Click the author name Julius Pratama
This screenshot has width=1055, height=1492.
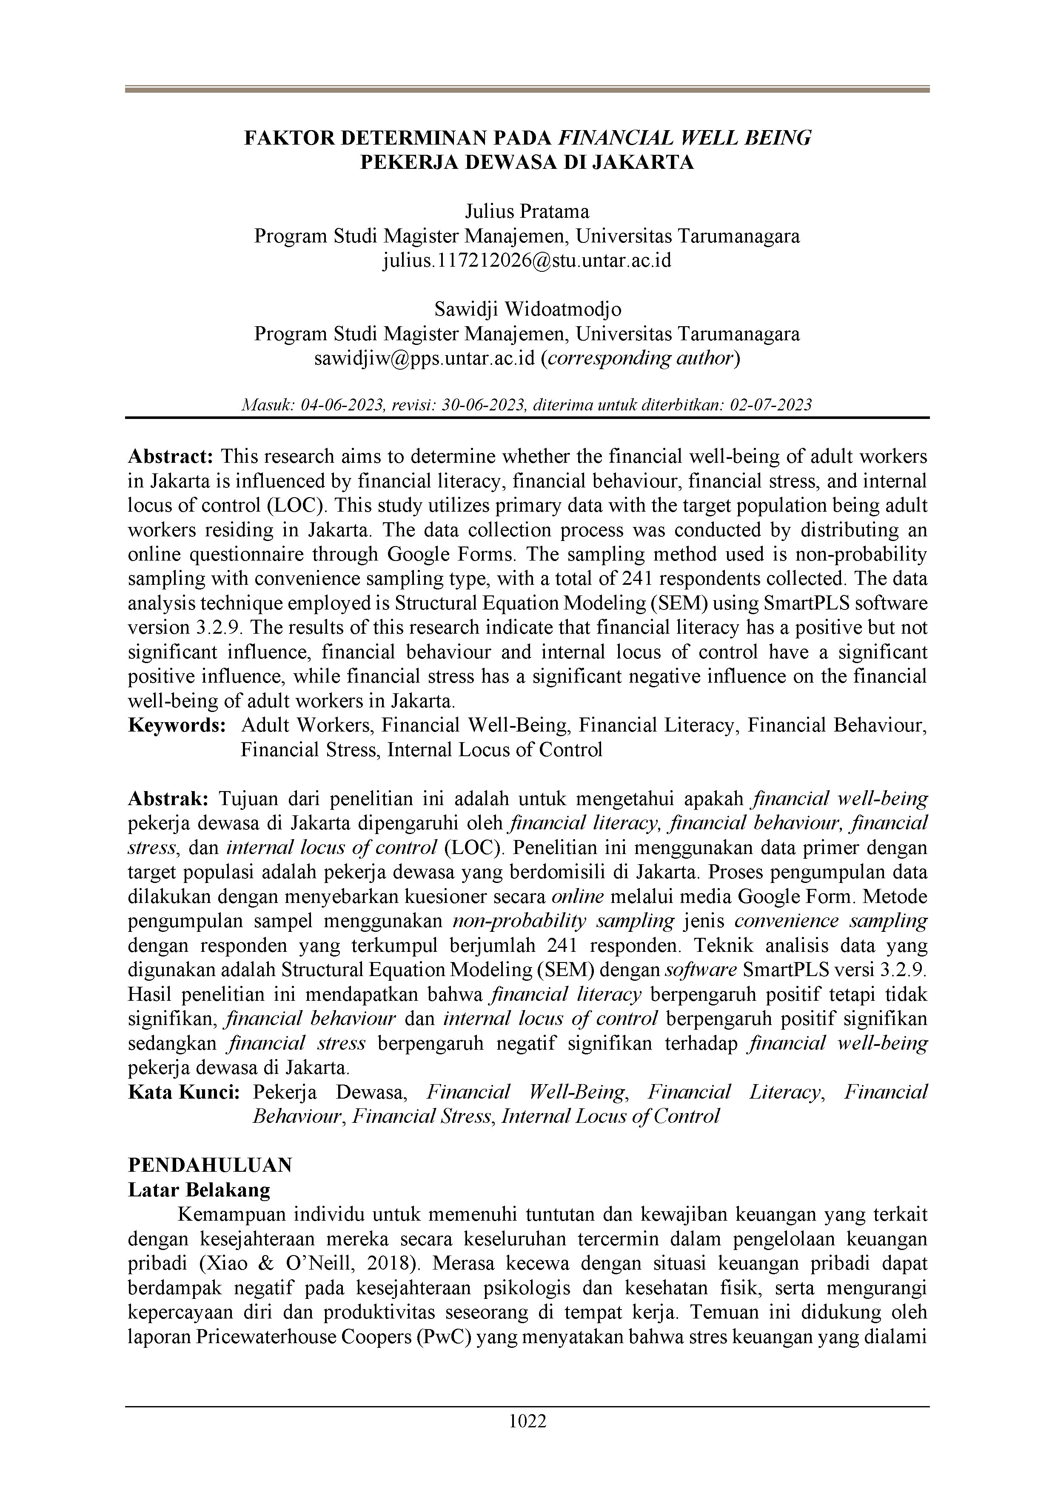[x=527, y=211]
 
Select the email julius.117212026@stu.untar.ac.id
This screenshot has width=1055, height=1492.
[x=527, y=261]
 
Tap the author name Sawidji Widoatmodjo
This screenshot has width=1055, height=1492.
[x=527, y=309]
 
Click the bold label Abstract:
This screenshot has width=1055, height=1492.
[x=170, y=456]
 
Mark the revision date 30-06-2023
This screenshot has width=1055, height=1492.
[x=483, y=405]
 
